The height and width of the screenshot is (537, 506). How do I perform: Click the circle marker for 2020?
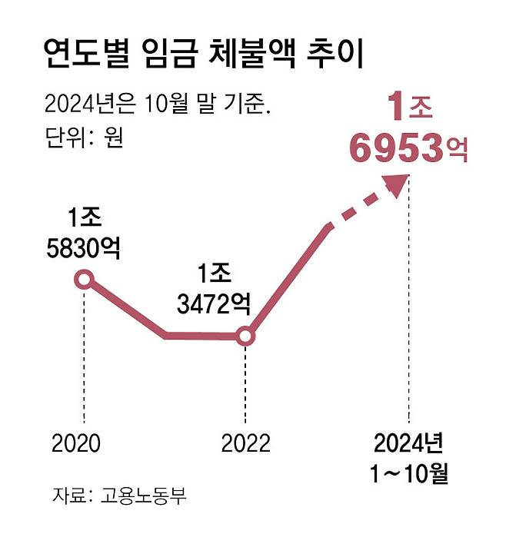point(84,280)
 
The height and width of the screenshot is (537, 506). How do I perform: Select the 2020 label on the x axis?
point(76,443)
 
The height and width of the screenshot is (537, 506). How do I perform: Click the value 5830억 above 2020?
point(84,248)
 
